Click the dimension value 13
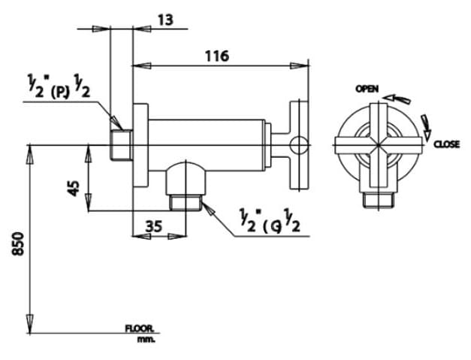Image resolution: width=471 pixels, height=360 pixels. pyautogui.click(x=166, y=20)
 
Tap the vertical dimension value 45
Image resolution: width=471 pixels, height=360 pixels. pyautogui.click(x=74, y=187)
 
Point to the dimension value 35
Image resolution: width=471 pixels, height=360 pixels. pyautogui.click(x=153, y=225)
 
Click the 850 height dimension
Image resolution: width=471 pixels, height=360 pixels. pyautogui.click(x=19, y=244)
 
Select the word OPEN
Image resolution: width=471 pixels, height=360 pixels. pyautogui.click(x=367, y=89)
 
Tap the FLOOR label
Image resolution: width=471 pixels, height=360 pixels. pyautogui.click(x=140, y=328)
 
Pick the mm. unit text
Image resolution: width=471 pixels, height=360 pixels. pyautogui.click(x=145, y=340)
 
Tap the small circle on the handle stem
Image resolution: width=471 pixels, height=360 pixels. pyautogui.click(x=299, y=144)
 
